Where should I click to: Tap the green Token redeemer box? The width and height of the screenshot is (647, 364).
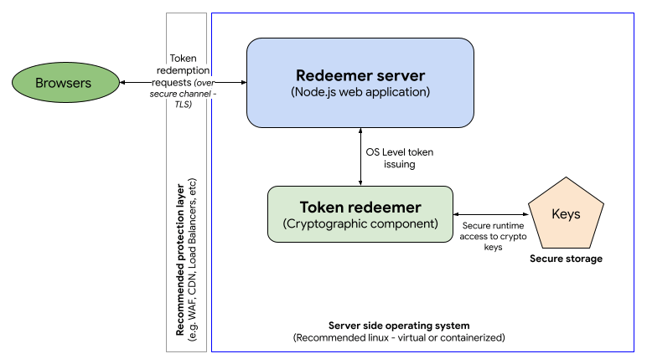[x=360, y=215]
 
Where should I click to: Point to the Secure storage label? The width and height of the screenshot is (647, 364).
[x=565, y=259]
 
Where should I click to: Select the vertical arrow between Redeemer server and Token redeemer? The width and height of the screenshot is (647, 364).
[x=360, y=156]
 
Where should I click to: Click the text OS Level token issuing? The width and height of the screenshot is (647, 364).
[x=401, y=157]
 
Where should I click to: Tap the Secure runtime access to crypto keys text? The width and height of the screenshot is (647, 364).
[x=494, y=235]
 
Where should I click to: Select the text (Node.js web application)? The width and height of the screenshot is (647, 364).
[x=360, y=92]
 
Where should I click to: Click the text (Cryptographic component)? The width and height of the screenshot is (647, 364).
[x=360, y=224]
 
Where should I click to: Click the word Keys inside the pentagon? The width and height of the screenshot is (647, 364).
[x=565, y=214]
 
